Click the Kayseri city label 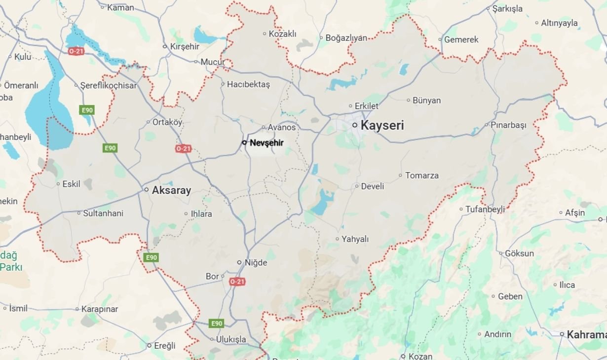382,125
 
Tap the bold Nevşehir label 266,143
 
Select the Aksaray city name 171,190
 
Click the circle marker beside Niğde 240,262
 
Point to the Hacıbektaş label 248,84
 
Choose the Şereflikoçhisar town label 108,85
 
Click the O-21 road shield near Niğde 237,282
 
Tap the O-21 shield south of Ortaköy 183,148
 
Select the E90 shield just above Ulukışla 216,324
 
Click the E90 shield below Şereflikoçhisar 87,109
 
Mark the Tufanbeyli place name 485,209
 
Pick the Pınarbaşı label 508,125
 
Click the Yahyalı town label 355,239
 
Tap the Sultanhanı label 103,214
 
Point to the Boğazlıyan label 346,37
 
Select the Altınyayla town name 559,23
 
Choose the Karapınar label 100,309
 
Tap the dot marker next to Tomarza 400,175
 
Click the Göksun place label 519,253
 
